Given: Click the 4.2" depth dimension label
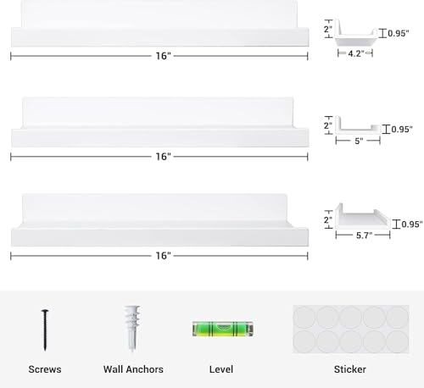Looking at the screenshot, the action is pyautogui.click(x=356, y=53).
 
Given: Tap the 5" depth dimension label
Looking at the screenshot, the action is pyautogui.click(x=359, y=141).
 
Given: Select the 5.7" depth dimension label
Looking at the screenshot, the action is pyautogui.click(x=365, y=236).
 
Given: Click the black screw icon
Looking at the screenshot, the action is pyautogui.click(x=45, y=330).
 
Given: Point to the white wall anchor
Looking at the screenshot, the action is pyautogui.click(x=132, y=328).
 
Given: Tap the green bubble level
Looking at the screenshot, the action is pyautogui.click(x=223, y=329).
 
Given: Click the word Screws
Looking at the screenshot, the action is pyautogui.click(x=45, y=369).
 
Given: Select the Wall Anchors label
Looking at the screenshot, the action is pyautogui.click(x=133, y=369).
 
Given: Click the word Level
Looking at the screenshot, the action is pyautogui.click(x=221, y=369).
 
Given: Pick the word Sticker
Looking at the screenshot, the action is pyautogui.click(x=350, y=369).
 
